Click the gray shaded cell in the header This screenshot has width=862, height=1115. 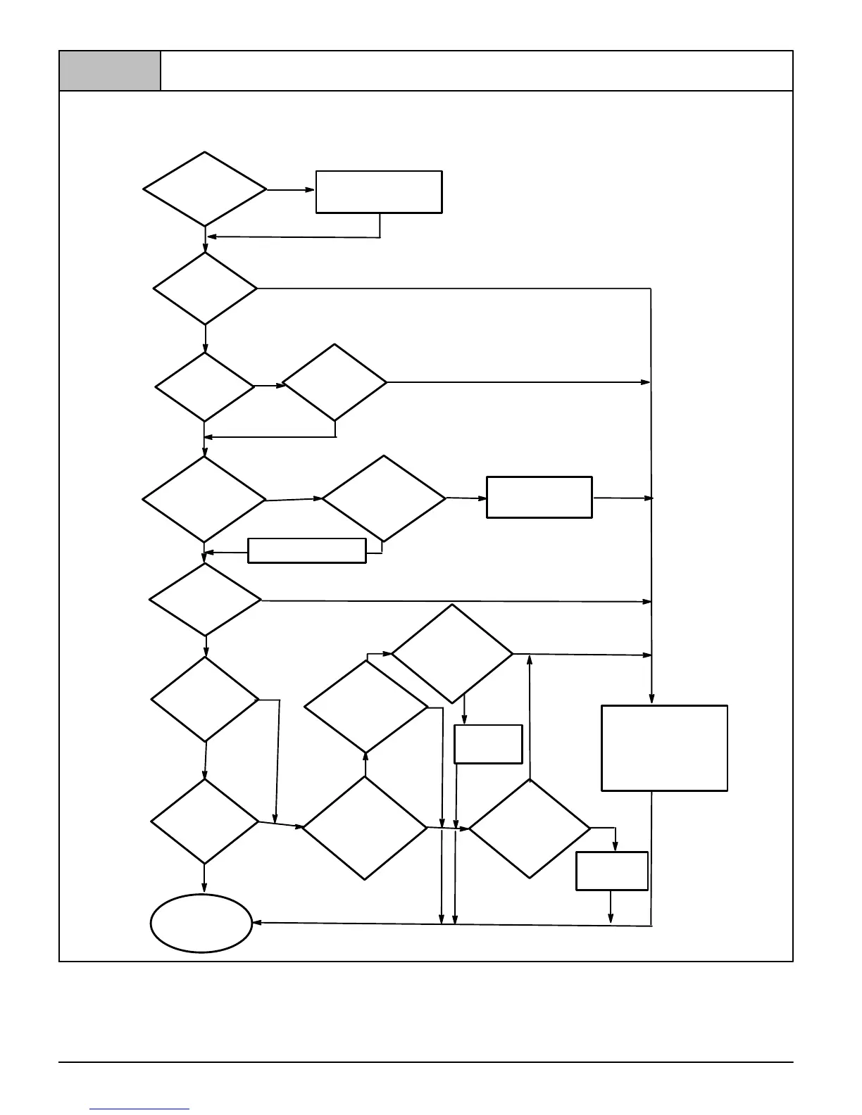110,71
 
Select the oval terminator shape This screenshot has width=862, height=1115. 201,923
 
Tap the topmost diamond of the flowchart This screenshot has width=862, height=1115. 205,189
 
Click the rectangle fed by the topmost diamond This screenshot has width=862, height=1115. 379,191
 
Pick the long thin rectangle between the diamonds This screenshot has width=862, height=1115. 307,550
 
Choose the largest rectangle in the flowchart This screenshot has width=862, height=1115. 664,748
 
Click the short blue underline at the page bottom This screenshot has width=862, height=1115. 139,1109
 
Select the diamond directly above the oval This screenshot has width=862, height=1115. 205,821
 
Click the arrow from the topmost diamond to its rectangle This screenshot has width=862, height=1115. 290,189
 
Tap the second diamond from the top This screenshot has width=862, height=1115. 205,289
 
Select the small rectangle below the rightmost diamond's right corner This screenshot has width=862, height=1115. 612,871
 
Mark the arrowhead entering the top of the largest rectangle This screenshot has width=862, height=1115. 651,699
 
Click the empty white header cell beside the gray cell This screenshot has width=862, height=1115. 477,71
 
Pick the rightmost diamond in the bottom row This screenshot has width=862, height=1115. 530,829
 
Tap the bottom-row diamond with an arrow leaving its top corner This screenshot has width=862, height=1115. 365,828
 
